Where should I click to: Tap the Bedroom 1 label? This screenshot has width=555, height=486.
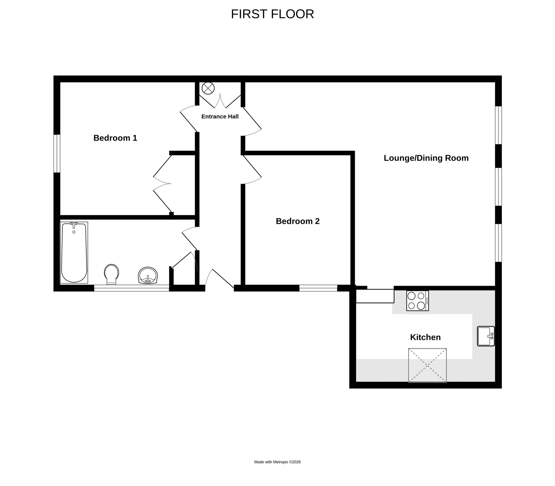[x=115, y=138]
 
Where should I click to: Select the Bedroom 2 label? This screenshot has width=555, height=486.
[x=298, y=221]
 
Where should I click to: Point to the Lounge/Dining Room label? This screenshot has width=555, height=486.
[x=426, y=158]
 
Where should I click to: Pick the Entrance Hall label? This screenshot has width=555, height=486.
[x=220, y=117]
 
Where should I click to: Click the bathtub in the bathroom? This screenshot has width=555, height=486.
[x=74, y=253]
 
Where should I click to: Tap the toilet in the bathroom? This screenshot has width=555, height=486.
[x=111, y=274]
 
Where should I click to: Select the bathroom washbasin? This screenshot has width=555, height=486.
[x=148, y=276]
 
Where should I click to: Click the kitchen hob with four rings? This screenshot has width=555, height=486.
[x=417, y=301]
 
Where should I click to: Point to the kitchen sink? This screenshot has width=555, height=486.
[x=486, y=336]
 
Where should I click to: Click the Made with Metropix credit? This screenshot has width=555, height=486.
[x=277, y=462]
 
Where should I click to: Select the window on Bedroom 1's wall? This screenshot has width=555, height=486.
[x=57, y=153]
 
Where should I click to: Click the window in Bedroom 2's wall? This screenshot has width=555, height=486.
[x=318, y=288]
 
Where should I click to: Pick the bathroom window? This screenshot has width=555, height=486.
[x=131, y=288]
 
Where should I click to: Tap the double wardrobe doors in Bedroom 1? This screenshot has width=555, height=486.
[x=162, y=184]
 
